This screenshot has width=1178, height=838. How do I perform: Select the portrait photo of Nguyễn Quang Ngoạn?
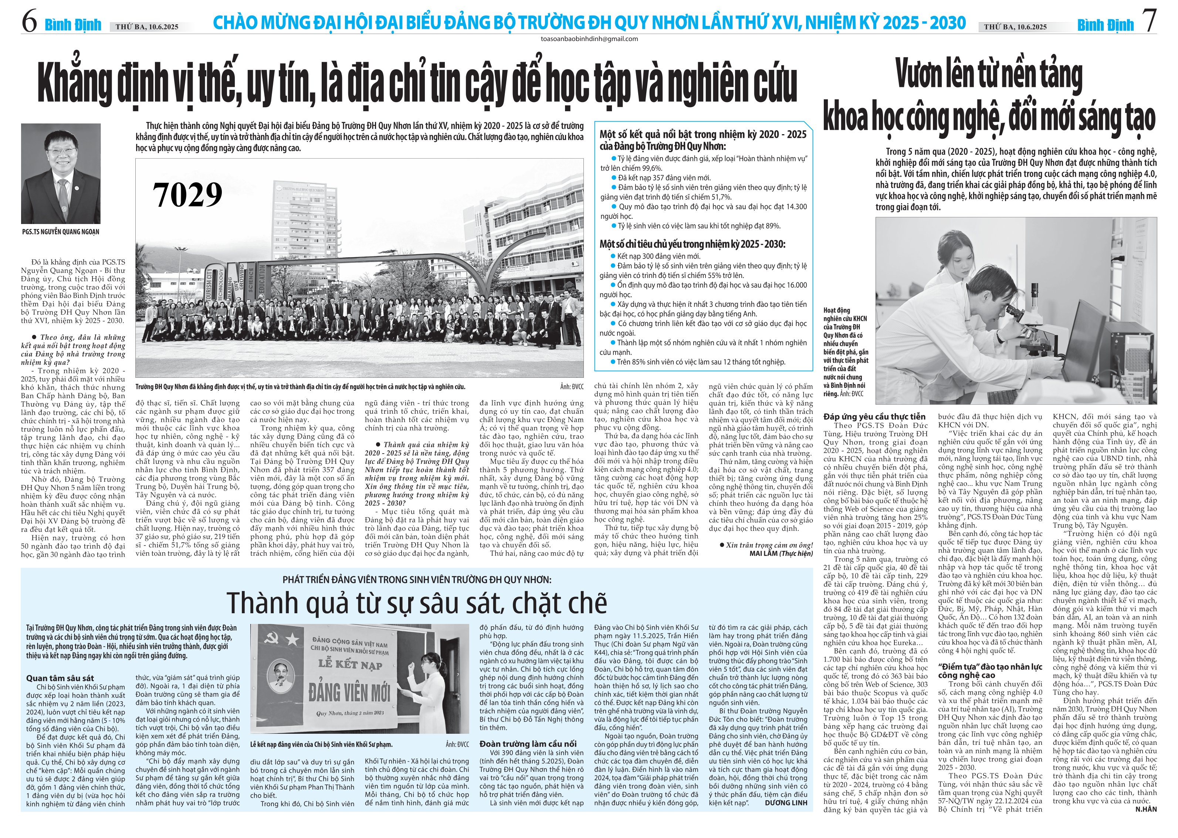point(61,173)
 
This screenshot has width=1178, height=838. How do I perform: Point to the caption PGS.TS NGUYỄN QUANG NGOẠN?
point(61,232)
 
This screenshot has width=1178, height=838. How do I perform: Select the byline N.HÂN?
point(1146,809)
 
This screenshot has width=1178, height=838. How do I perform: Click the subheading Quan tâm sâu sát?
point(60,678)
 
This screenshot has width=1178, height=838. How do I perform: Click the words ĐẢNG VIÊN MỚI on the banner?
point(350,692)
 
